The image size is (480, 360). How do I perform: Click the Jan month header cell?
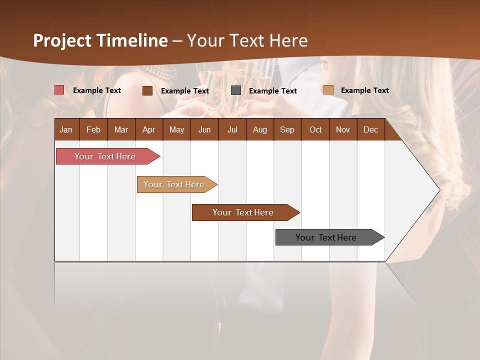66,129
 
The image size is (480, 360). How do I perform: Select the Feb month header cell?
93,129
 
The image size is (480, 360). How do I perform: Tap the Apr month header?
149,129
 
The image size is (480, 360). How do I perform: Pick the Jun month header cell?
204,129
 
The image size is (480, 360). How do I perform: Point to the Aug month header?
260,129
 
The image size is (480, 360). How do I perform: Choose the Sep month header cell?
287,129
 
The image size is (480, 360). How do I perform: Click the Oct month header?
315,129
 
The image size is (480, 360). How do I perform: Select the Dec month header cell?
371,129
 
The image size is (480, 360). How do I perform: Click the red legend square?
59,90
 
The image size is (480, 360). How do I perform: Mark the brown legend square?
147,90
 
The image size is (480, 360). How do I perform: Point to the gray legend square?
236,90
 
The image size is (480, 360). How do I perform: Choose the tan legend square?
328,90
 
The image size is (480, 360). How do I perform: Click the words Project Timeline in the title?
100,40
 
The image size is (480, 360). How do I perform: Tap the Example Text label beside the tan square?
365,90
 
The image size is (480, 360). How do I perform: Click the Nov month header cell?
343,129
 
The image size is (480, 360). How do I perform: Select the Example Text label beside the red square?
97,90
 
